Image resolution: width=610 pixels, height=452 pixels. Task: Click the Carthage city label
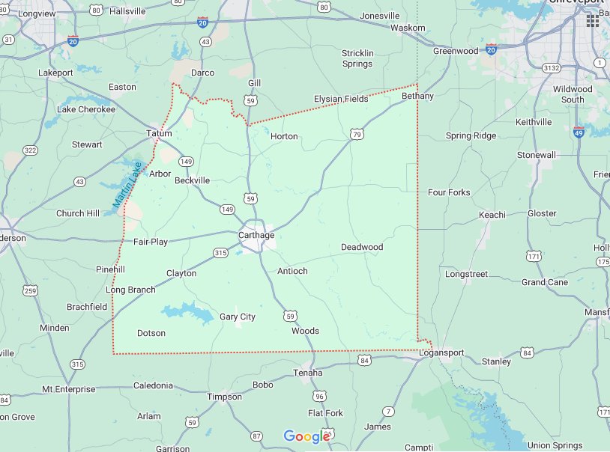[x=256, y=235]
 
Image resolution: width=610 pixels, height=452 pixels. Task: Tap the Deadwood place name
[x=361, y=247]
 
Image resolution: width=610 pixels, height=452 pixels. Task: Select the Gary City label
[x=237, y=317]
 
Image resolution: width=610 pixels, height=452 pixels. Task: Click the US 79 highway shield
[x=357, y=134]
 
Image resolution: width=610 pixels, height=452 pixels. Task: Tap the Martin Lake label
[x=127, y=185]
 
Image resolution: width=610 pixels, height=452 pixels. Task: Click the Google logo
[x=307, y=436]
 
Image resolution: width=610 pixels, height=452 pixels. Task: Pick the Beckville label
[x=192, y=180]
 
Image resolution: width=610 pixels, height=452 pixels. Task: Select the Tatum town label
[x=159, y=134]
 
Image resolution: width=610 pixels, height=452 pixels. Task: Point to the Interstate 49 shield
[x=579, y=132]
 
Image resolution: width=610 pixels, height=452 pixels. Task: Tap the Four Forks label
[x=449, y=192]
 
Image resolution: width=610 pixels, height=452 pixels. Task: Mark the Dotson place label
[x=151, y=333]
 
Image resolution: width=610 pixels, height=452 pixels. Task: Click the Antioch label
[x=292, y=271]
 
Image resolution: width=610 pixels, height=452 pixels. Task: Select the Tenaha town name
[x=307, y=373]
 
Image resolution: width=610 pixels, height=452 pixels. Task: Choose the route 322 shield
[x=30, y=150]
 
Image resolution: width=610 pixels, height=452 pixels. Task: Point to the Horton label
[x=284, y=136]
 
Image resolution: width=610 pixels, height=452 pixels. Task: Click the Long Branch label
[x=130, y=290]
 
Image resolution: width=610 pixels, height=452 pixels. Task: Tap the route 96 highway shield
[x=320, y=396]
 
